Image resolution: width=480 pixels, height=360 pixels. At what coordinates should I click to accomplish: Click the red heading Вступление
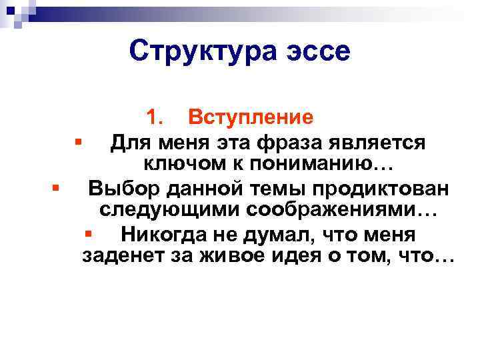250,117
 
